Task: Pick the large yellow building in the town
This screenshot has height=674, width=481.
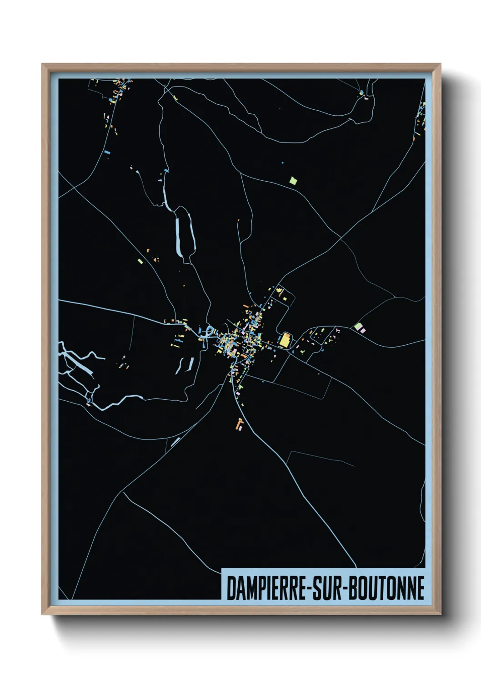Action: (285, 340)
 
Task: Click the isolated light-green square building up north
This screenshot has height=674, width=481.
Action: (293, 181)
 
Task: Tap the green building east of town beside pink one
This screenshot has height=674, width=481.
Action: (358, 327)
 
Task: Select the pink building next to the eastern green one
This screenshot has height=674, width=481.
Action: (363, 330)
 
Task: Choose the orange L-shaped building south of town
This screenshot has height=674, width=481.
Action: (240, 424)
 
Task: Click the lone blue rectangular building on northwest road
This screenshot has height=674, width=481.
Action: (107, 152)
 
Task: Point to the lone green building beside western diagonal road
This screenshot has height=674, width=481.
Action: (140, 261)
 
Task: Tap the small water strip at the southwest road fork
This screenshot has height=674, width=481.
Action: (175, 442)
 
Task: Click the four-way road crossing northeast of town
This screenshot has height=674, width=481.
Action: (341, 237)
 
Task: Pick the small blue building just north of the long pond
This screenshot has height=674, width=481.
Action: (166, 171)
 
